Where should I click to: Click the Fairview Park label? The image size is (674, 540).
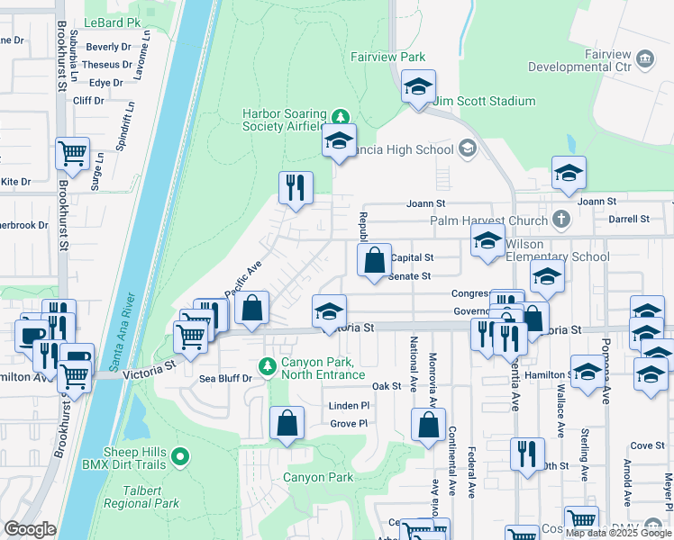point(387,57)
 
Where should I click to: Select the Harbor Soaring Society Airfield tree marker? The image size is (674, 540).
point(340,116)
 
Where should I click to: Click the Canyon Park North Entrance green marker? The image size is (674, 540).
point(267,366)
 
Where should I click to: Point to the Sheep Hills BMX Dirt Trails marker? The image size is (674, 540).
point(180,458)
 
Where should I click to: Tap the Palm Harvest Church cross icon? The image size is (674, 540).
point(560,220)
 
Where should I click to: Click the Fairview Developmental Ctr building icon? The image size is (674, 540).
point(645,60)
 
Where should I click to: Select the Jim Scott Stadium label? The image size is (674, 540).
point(484,102)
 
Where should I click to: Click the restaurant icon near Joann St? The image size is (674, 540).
point(296,187)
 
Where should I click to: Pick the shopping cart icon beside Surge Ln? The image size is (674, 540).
point(72,152)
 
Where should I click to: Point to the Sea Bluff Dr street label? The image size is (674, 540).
point(226,380)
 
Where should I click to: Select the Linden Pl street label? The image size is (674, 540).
point(350,406)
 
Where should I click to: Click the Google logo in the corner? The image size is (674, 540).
point(30,529)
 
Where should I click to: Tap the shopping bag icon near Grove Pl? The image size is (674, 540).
point(287,422)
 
